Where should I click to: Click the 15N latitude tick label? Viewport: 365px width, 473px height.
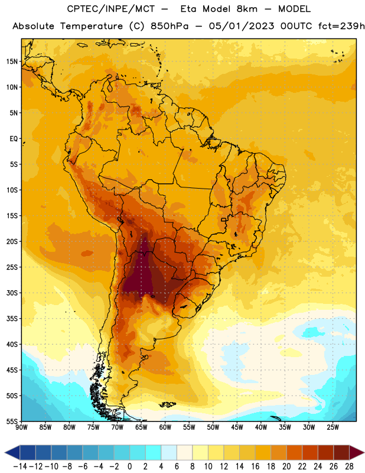coord(12,61)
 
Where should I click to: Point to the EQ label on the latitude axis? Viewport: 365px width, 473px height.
coord(14,139)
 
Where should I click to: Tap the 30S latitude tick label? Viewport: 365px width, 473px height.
coord(12,293)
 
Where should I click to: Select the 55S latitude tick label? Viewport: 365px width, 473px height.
coord(12,422)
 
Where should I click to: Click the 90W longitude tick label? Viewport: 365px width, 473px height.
coord(21,427)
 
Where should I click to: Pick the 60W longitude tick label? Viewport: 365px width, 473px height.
coord(165,427)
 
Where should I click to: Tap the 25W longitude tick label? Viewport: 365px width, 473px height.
coord(333,427)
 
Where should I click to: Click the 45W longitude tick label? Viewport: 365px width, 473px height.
coord(237,427)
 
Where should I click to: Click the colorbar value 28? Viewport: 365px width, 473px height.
coord(349,466)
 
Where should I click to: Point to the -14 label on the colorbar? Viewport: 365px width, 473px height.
coord(20,466)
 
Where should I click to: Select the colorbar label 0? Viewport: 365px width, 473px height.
coord(129,466)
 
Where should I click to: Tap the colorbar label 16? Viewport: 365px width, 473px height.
coord(255,466)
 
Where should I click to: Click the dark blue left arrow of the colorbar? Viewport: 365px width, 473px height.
coord(12,452)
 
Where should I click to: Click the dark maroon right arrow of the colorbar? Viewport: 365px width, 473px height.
coord(357,452)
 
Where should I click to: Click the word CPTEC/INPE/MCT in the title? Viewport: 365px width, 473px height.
coord(110,9)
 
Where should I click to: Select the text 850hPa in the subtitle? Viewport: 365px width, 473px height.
coord(169,26)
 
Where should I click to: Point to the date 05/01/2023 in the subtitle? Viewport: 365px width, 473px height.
coord(242,26)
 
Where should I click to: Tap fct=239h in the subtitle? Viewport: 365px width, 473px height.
coord(341,26)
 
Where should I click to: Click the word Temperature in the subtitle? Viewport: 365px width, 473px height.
coord(91,27)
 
